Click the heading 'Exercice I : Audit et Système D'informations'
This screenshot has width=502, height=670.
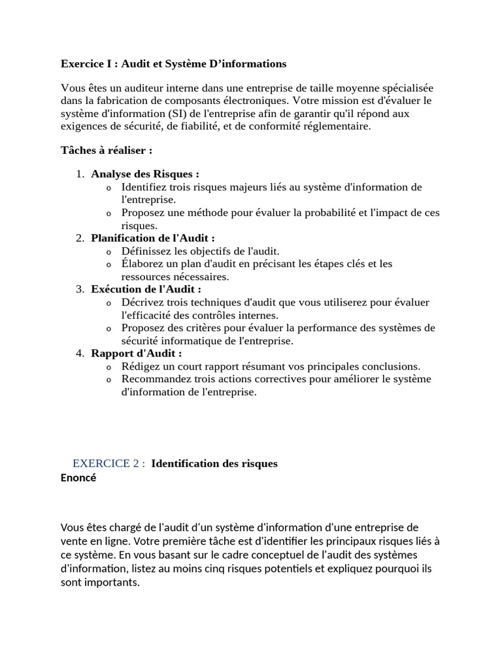pyautogui.click(x=173, y=64)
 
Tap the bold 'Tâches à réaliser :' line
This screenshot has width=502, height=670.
pyautogui.click(x=107, y=150)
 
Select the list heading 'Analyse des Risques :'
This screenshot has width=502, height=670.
pyautogui.click(x=145, y=174)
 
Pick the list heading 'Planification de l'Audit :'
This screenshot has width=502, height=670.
pyautogui.click(x=153, y=238)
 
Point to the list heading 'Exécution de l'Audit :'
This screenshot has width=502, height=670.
pyautogui.click(x=146, y=289)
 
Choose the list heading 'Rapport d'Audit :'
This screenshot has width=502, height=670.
pyautogui.click(x=137, y=353)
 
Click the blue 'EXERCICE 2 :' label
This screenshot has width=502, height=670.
pyautogui.click(x=109, y=463)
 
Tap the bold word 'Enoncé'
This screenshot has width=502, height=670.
pyautogui.click(x=78, y=478)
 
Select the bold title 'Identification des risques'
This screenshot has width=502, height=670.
pyautogui.click(x=214, y=463)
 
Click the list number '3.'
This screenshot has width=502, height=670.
pyautogui.click(x=80, y=289)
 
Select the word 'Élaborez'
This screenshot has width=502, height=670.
pyautogui.click(x=142, y=264)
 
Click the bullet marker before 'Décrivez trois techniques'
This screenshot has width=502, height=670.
pyautogui.click(x=109, y=302)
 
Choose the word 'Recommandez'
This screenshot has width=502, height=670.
pyautogui.click(x=154, y=379)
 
